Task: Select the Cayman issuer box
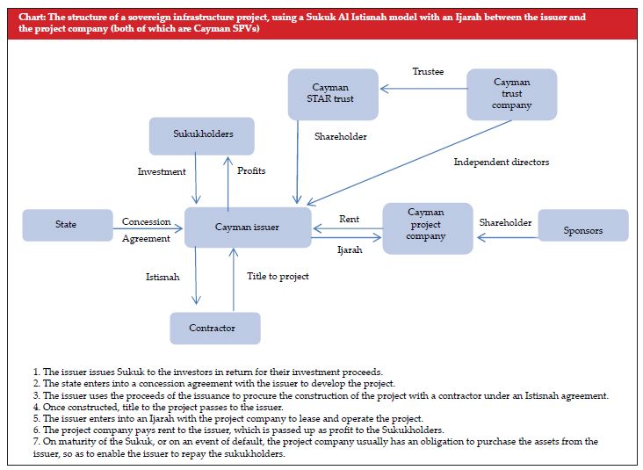click(247, 228)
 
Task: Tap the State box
click(66, 225)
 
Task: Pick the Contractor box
click(212, 328)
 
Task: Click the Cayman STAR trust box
click(333, 94)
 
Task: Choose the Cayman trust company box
click(511, 94)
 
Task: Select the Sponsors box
click(582, 230)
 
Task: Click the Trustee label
click(428, 71)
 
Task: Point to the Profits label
click(250, 170)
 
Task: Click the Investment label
click(162, 171)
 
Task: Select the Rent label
click(349, 219)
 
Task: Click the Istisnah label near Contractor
click(163, 277)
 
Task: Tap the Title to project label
click(278, 277)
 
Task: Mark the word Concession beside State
click(146, 222)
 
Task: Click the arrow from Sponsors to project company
click(505, 235)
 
